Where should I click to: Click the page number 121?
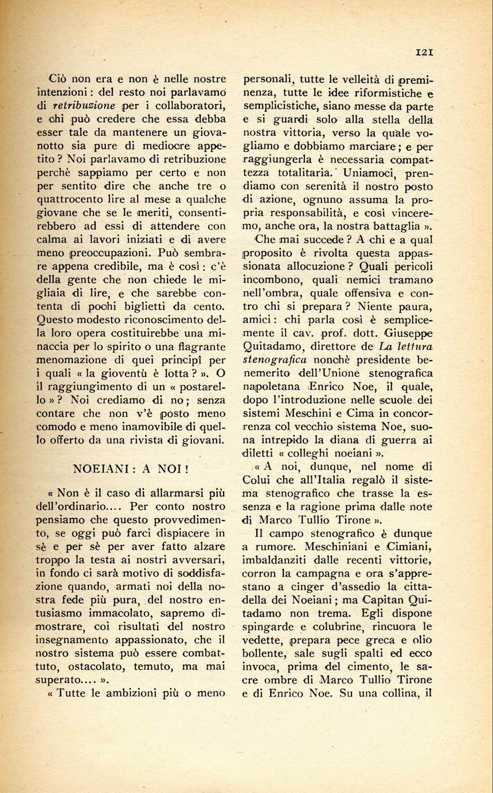pos(424,52)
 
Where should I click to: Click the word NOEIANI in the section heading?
pos(101,468)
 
